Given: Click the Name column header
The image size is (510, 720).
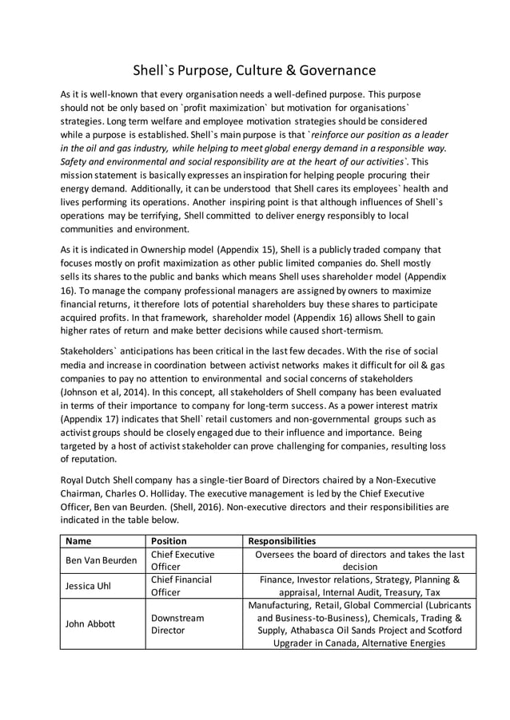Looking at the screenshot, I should pos(79,540).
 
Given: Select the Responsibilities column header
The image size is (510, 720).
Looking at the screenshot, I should pos(282,540).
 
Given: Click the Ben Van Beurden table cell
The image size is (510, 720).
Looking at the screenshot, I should pos(101,560).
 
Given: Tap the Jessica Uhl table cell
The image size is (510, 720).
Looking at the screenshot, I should pos(87,587).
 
